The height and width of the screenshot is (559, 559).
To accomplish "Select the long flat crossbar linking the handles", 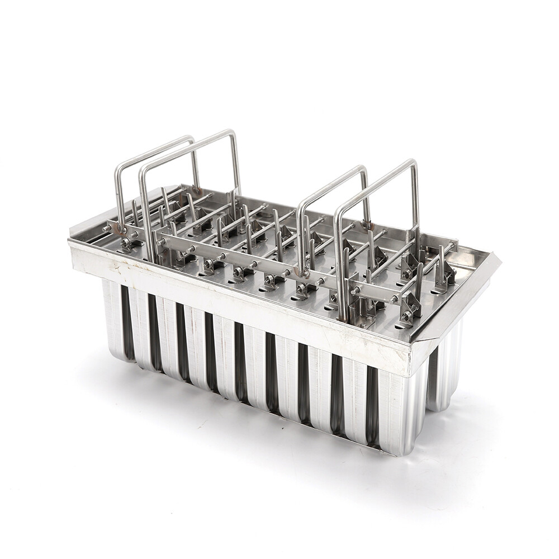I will point(268,263).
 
